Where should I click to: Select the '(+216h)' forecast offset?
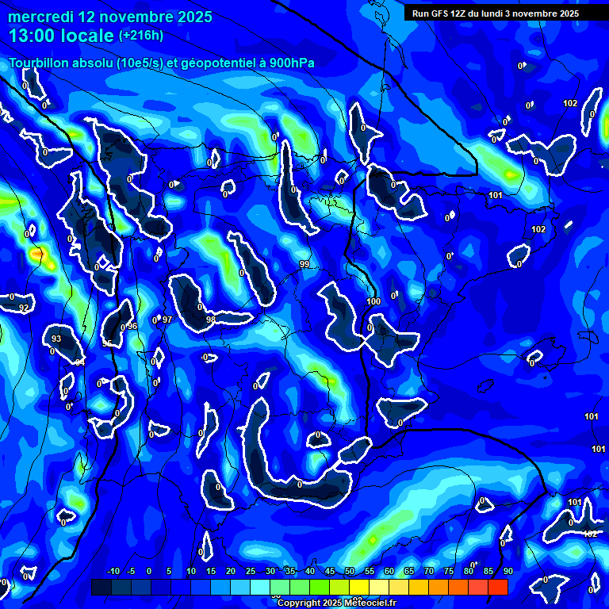141,35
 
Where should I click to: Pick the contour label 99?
304,264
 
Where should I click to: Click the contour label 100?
374,301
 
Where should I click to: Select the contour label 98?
210,320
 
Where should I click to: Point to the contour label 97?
167,320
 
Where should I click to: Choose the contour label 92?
24,308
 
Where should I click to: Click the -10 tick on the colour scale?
113,571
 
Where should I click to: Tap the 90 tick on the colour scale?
507,571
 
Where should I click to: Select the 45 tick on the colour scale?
330,571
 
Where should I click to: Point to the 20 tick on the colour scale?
231,571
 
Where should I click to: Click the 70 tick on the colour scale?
429,571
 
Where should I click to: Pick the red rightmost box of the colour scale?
497,587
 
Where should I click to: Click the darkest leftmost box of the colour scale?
101,587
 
